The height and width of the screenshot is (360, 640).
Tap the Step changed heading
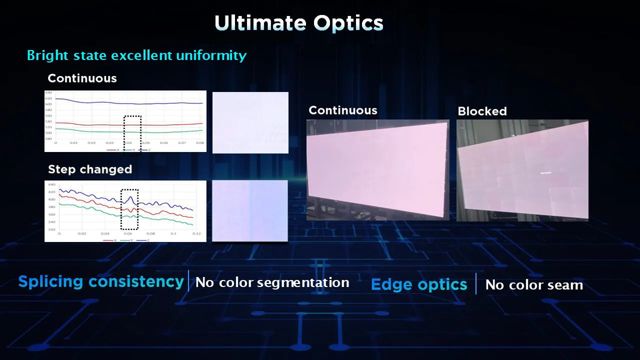(x=90, y=169)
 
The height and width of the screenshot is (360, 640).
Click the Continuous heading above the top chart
(x=82, y=78)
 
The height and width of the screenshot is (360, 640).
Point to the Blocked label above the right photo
(x=482, y=111)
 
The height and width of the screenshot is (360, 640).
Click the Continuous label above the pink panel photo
(x=343, y=110)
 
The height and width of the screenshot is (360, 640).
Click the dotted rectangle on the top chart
(x=132, y=135)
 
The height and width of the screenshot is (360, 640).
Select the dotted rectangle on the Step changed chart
(x=129, y=209)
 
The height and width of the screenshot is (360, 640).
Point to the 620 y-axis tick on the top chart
(x=48, y=98)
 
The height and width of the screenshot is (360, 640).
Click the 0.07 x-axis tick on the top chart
(x=182, y=143)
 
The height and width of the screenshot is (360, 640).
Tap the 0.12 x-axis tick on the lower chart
(x=196, y=233)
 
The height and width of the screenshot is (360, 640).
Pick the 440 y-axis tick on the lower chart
(x=51, y=184)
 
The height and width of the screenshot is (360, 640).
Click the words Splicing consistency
(x=101, y=282)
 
